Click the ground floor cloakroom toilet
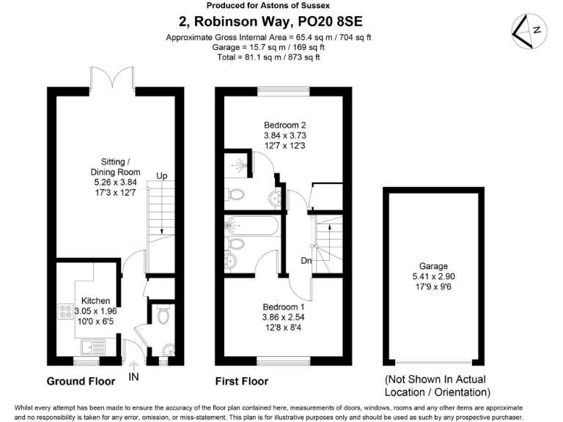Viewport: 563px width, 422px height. coord(163,315)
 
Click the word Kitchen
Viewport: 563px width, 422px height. coord(95,300)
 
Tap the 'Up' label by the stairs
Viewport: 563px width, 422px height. coord(163,177)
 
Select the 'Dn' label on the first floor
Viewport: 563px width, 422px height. coord(306,259)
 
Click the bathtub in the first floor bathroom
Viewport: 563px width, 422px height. coord(252,226)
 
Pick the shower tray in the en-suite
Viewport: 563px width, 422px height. coord(237,165)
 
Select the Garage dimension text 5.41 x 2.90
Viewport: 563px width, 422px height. coord(433,278)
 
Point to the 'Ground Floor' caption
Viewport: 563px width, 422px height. coord(81,381)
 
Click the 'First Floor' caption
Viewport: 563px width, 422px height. coord(241,381)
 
